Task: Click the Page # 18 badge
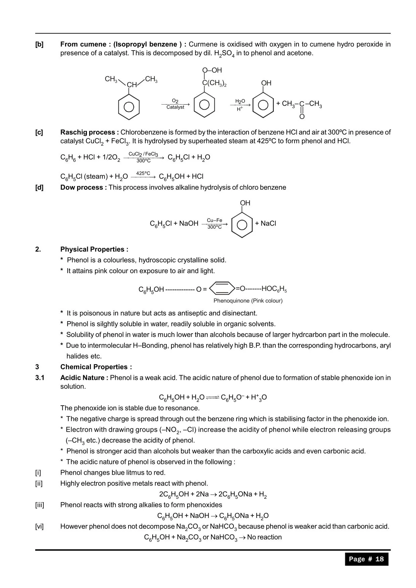click(366, 559)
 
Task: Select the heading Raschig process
click(89, 132)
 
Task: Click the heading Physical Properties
click(94, 249)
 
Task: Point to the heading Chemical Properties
click(96, 367)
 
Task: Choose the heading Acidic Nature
click(84, 378)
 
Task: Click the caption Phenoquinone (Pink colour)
click(248, 301)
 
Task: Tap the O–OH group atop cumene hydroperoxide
click(212, 70)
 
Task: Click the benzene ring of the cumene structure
click(129, 107)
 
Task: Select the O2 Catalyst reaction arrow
click(175, 104)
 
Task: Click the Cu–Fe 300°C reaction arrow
click(215, 224)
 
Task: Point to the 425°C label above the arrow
click(143, 173)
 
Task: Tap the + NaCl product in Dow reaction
click(265, 224)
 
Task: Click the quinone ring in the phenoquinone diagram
click(222, 289)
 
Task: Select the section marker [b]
click(39, 44)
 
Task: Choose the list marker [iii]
click(40, 505)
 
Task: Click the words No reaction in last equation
click(264, 537)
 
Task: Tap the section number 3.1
click(40, 378)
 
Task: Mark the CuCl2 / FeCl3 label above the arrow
click(143, 154)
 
